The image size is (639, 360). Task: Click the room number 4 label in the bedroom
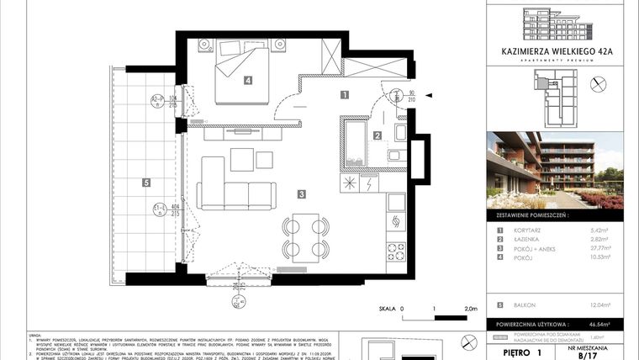point(248,82)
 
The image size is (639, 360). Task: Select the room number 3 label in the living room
point(301,194)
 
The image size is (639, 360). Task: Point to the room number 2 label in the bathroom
point(378,135)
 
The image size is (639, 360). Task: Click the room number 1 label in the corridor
point(344,96)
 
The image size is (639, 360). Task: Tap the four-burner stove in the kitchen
point(396,251)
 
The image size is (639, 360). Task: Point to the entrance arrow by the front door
point(429,96)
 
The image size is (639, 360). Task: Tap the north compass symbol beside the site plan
point(599,83)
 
